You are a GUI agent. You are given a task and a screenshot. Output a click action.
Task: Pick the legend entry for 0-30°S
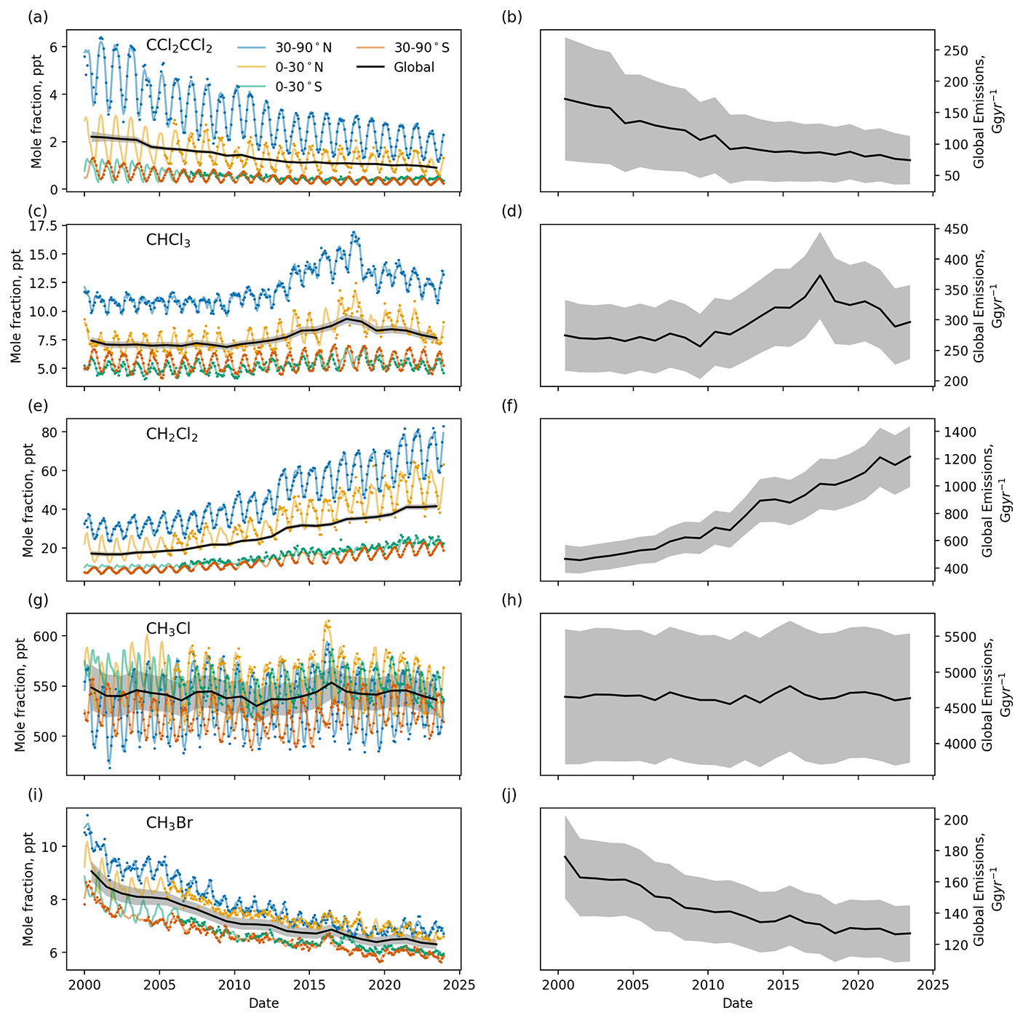coord(298,87)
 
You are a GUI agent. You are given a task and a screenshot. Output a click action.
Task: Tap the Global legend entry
coord(413,68)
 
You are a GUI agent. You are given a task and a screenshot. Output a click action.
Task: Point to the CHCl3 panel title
coord(168,241)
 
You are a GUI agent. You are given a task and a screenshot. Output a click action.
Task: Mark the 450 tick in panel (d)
coord(950,229)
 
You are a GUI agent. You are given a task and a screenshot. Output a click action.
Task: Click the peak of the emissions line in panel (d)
coord(820,275)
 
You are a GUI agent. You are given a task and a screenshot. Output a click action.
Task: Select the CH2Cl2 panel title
coord(172,435)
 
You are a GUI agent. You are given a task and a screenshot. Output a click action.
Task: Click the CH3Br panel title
coord(169,824)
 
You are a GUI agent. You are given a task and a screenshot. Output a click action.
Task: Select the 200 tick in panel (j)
coord(950,820)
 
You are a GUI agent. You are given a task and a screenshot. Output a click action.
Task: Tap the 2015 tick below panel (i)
coord(309,985)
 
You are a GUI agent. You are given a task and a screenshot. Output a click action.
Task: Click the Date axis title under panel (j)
coord(737,1003)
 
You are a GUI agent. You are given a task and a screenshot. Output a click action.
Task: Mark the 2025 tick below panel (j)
coord(934,985)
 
